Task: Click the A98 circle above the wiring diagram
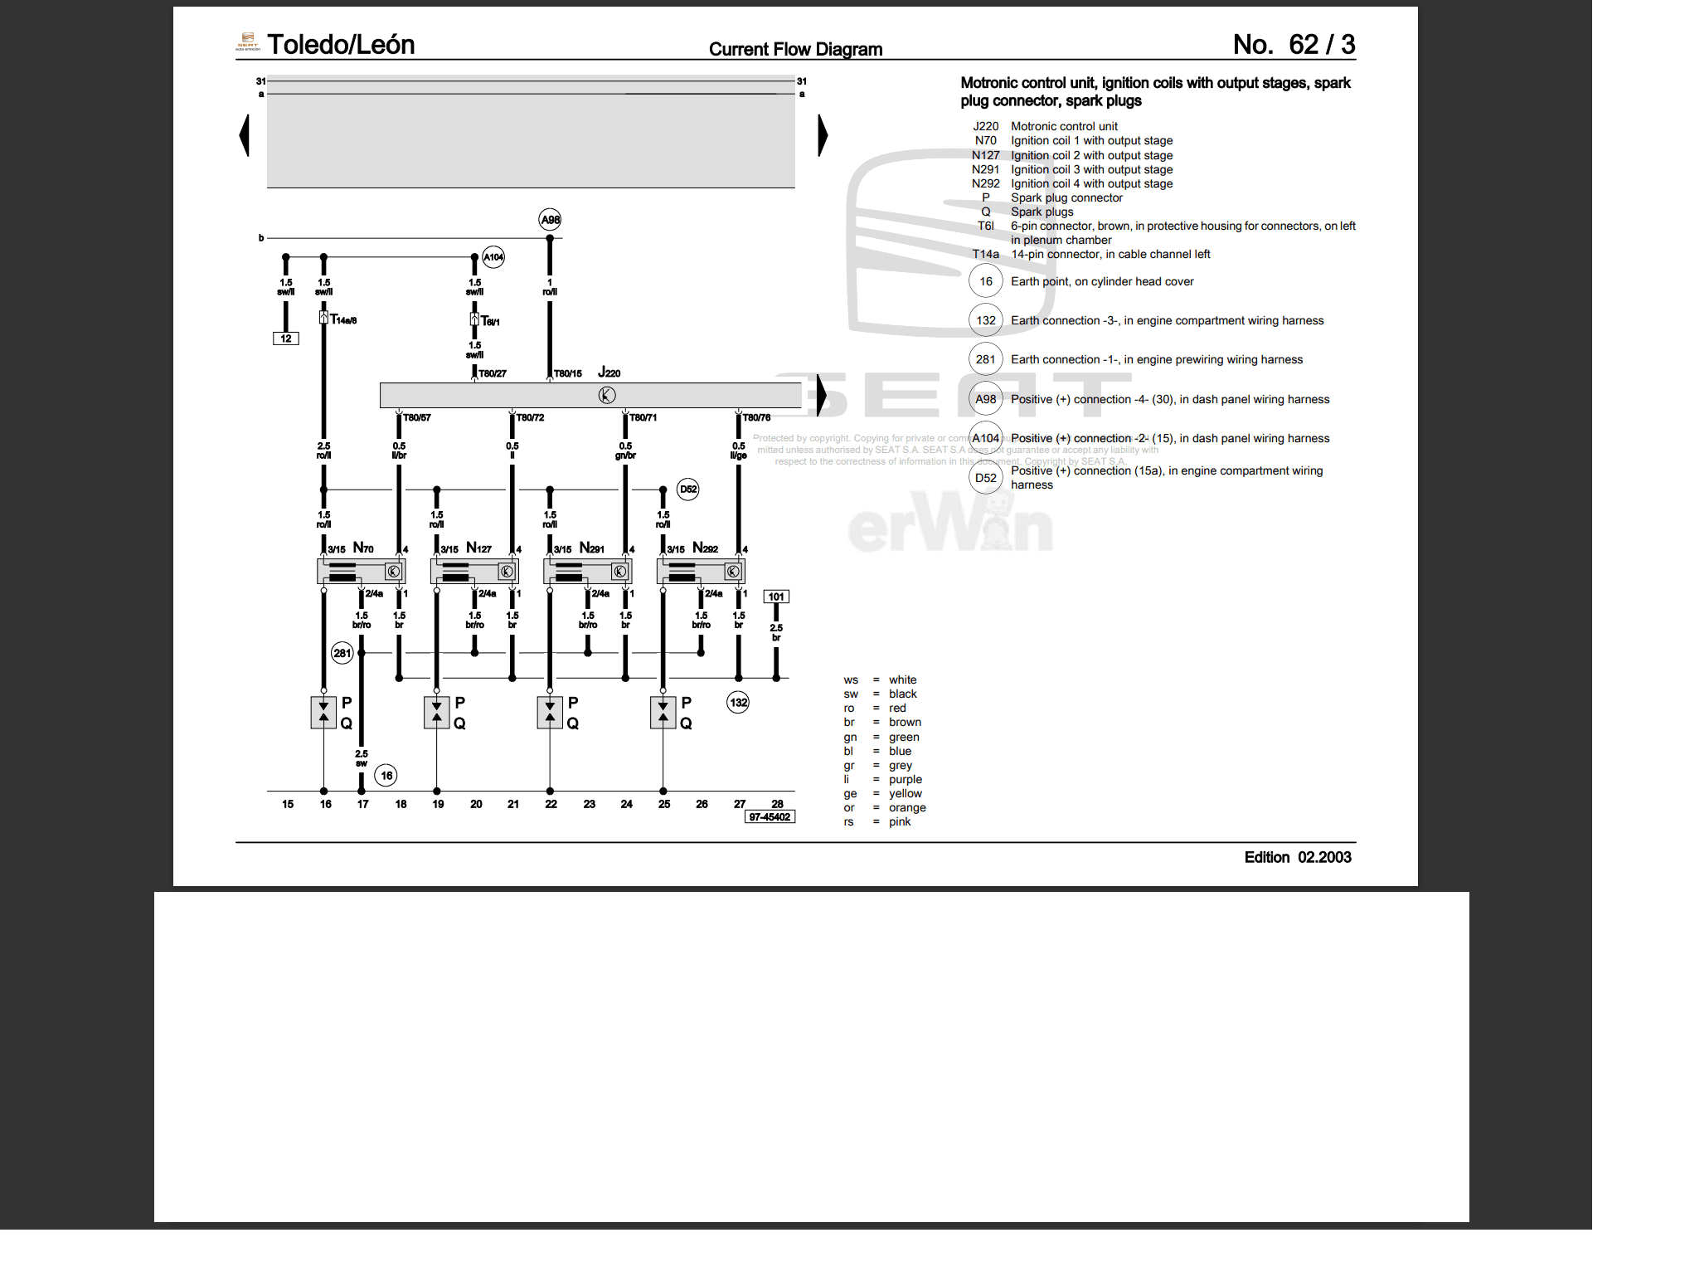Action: (550, 220)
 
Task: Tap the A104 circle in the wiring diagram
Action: (493, 257)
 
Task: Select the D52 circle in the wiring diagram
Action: (688, 490)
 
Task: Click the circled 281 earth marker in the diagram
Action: (342, 653)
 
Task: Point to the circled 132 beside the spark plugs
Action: (738, 703)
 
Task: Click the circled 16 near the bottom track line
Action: (386, 776)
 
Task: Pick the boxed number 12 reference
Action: (286, 339)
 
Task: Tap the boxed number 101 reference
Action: (776, 597)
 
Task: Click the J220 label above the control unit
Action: (609, 373)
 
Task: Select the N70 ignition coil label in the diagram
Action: (363, 548)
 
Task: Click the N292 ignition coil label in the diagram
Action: (705, 548)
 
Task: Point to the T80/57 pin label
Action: (417, 417)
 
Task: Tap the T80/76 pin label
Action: (756, 417)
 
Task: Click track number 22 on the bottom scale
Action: (551, 804)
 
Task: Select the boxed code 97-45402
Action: (770, 817)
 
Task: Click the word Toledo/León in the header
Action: (341, 45)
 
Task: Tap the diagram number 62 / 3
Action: (1322, 45)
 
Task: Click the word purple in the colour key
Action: (906, 779)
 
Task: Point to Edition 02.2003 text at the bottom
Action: (1298, 857)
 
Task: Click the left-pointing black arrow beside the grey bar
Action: (245, 135)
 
